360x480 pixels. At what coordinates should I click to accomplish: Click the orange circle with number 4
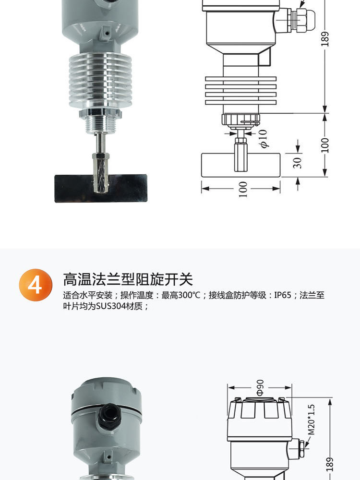pyautogui.click(x=35, y=285)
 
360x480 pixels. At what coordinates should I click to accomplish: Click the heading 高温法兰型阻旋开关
pyautogui.click(x=128, y=279)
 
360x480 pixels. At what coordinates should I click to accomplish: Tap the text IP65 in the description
pyautogui.click(x=283, y=295)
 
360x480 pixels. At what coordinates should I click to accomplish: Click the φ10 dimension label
pyautogui.click(x=263, y=139)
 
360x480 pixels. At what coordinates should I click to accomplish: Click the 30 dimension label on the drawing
pyautogui.click(x=298, y=162)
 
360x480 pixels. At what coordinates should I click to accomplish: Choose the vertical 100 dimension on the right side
pyautogui.click(x=325, y=144)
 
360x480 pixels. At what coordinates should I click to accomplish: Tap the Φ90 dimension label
pyautogui.click(x=260, y=387)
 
